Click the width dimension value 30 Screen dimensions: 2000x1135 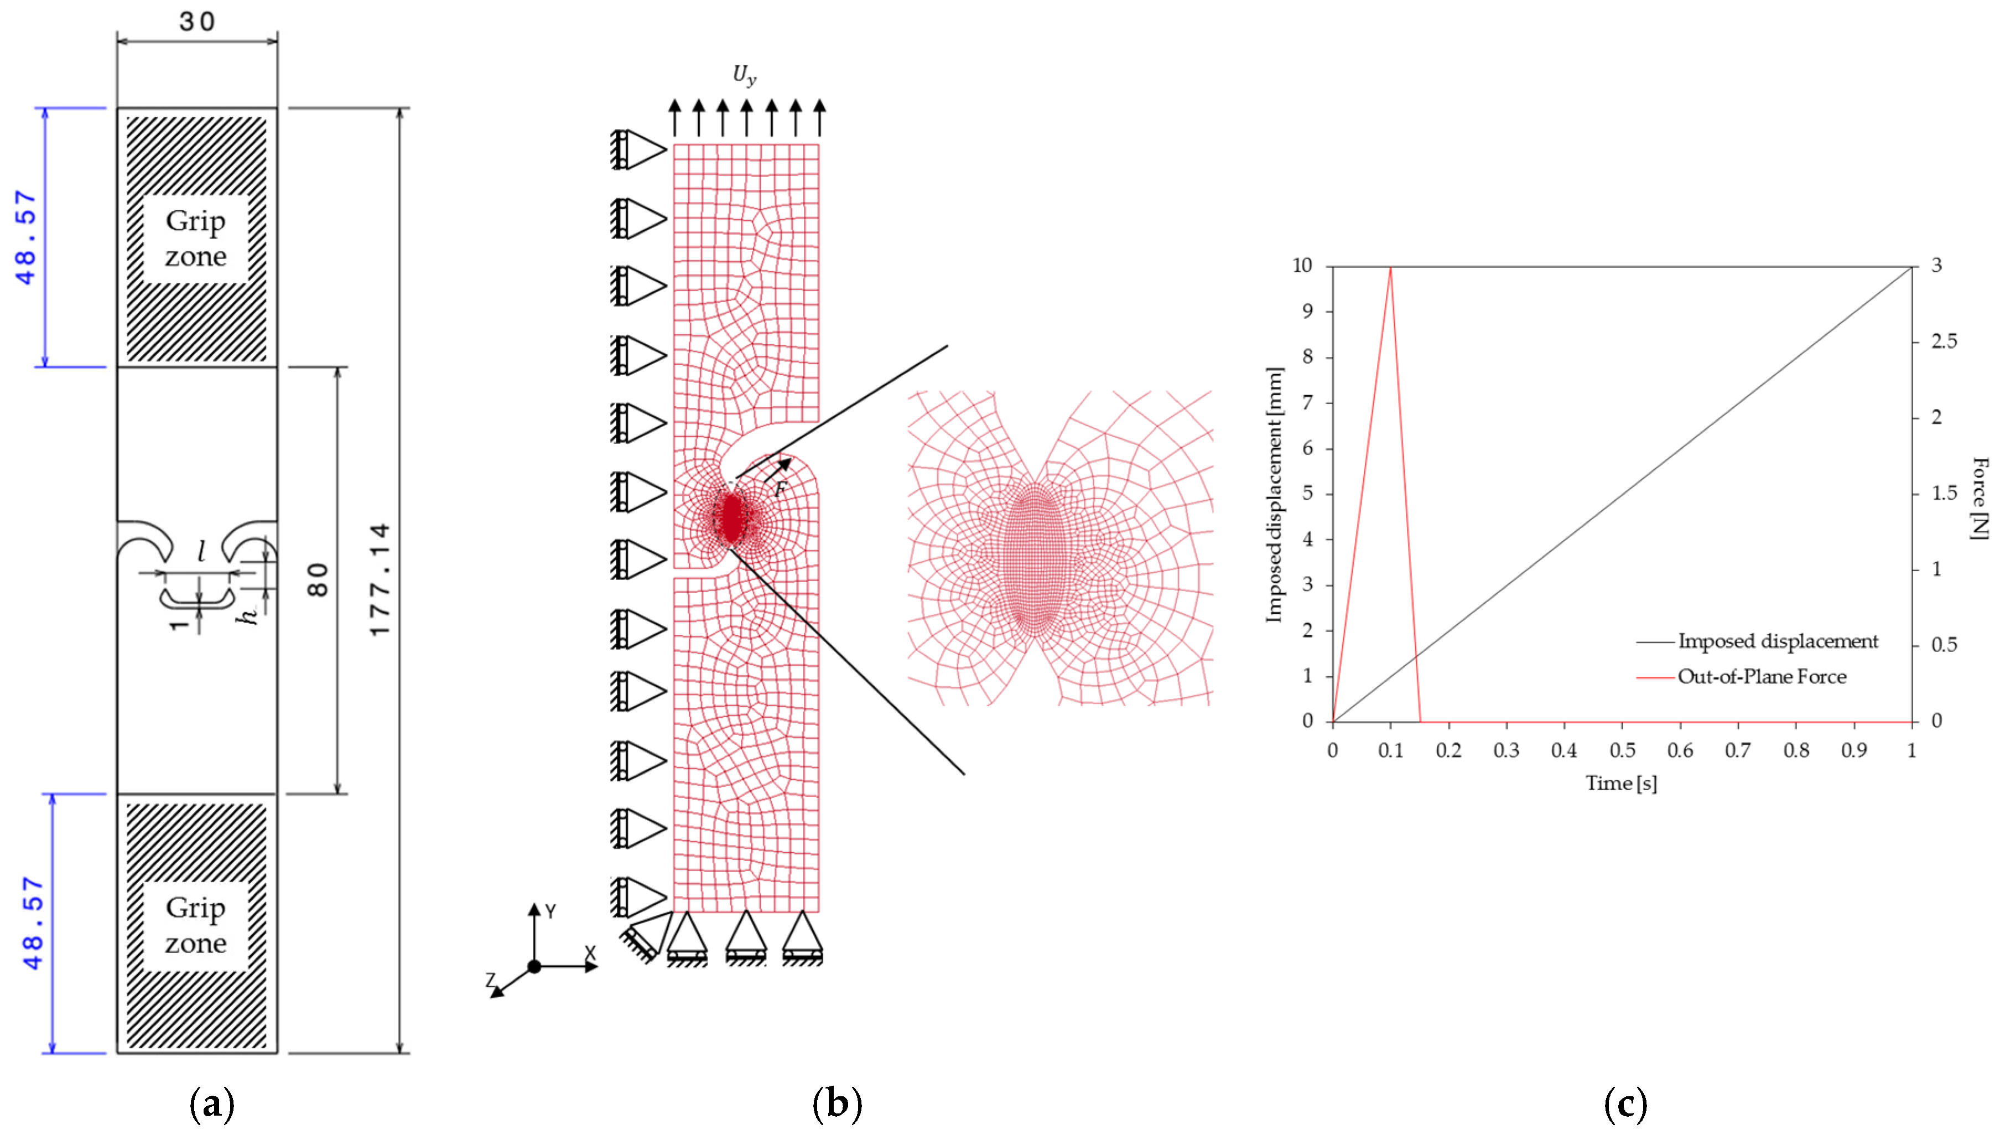[x=196, y=21]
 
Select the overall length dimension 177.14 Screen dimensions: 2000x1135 [x=380, y=579]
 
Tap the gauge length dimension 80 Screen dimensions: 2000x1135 [x=318, y=580]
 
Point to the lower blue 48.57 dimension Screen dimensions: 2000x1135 [x=33, y=923]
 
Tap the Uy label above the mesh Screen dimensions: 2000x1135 [x=744, y=75]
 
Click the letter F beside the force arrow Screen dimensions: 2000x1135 [x=781, y=490]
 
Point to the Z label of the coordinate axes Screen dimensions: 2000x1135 [x=491, y=980]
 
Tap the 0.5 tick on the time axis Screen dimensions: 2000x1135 [x=1622, y=750]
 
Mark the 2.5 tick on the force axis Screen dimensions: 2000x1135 [x=1944, y=341]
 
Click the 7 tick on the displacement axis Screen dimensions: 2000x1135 [x=1307, y=402]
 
